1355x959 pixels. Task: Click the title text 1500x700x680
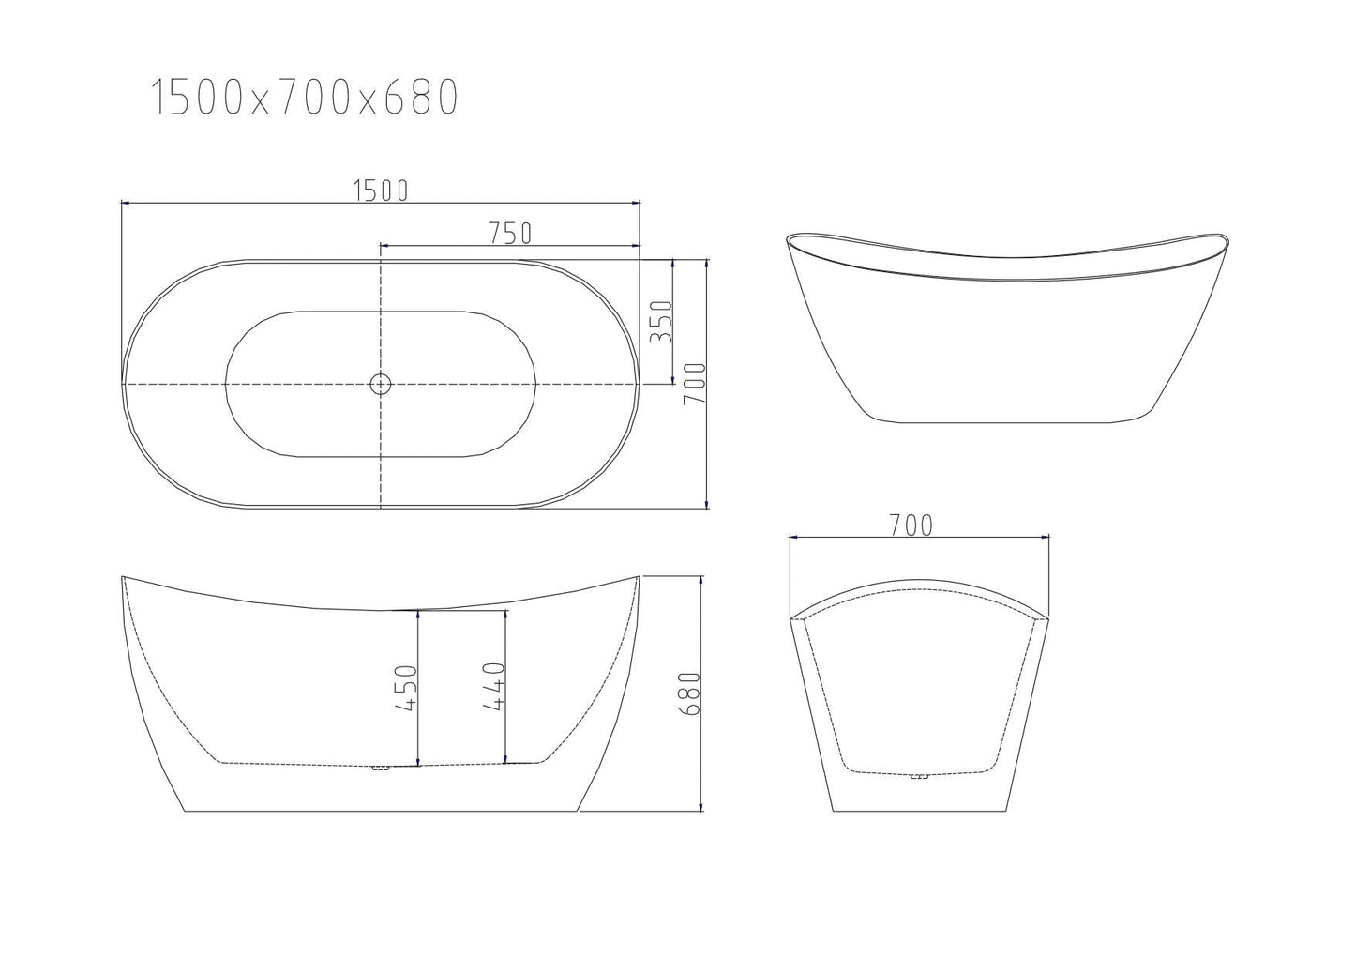(x=305, y=97)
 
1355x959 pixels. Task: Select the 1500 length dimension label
(x=381, y=190)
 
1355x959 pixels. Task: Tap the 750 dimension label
(x=509, y=234)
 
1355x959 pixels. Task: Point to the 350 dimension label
(x=661, y=322)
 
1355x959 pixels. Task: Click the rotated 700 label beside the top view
(x=694, y=384)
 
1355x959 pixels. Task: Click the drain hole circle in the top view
(x=381, y=383)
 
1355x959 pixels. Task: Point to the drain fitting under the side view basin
(x=380, y=769)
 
